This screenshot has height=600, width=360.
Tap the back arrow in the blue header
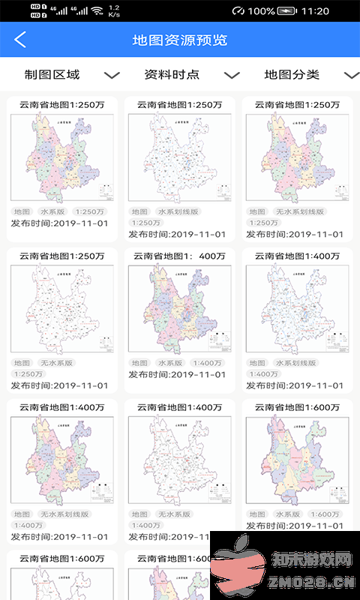[20, 40]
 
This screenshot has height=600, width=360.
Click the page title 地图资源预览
[180, 40]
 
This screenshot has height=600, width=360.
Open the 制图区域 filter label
[52, 75]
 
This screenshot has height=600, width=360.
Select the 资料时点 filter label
[172, 75]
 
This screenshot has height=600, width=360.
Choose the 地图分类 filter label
[292, 75]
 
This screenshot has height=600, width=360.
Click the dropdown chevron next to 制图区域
[112, 75]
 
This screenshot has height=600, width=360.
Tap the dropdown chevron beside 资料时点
[232, 75]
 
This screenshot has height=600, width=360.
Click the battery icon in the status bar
[288, 11]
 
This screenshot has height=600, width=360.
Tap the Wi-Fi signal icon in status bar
[96, 11]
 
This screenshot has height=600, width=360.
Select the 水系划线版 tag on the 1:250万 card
[177, 212]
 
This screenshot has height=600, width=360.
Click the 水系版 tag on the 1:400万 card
[172, 363]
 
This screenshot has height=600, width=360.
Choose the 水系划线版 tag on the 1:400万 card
[298, 363]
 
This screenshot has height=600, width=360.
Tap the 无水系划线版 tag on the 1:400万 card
[64, 514]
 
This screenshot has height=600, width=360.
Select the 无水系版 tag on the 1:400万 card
[175, 514]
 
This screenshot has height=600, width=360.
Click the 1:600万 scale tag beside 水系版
[325, 514]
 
